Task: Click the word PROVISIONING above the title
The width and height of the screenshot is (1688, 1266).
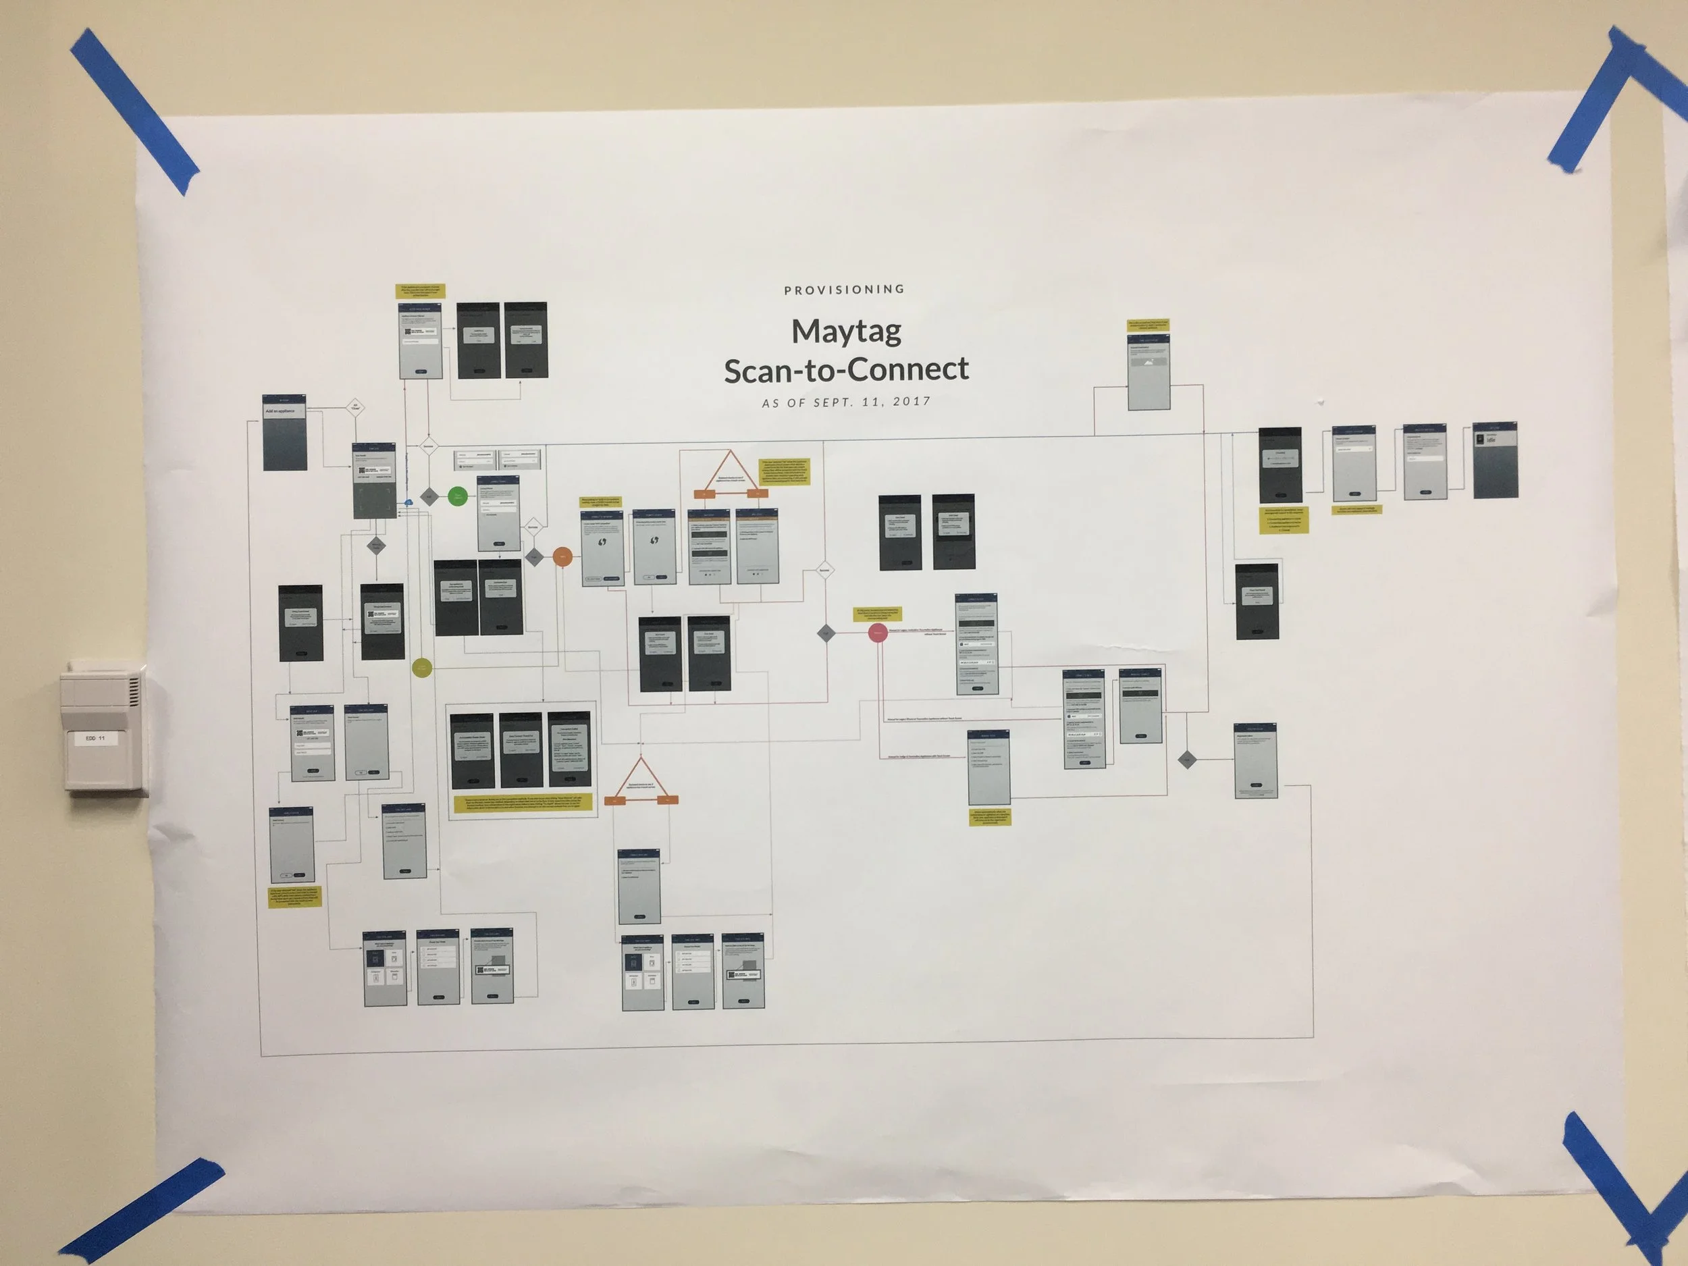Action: click(x=844, y=289)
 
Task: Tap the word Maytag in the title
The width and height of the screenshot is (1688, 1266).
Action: click(x=846, y=332)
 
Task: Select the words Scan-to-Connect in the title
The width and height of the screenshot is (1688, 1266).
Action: click(x=846, y=370)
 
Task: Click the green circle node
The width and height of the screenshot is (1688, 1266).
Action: click(x=458, y=497)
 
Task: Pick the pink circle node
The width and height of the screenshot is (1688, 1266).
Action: click(x=878, y=633)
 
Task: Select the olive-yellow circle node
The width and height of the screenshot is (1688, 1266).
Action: click(x=422, y=668)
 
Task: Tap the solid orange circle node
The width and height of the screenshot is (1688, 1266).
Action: click(x=562, y=557)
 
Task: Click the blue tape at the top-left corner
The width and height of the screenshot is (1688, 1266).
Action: click(x=134, y=111)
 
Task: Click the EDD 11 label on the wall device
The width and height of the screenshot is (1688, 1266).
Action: click(x=95, y=739)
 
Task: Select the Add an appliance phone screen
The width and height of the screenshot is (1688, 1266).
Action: click(x=285, y=433)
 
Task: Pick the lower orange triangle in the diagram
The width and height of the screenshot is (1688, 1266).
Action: click(x=641, y=780)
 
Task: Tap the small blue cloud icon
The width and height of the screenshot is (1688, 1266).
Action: click(x=408, y=502)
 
